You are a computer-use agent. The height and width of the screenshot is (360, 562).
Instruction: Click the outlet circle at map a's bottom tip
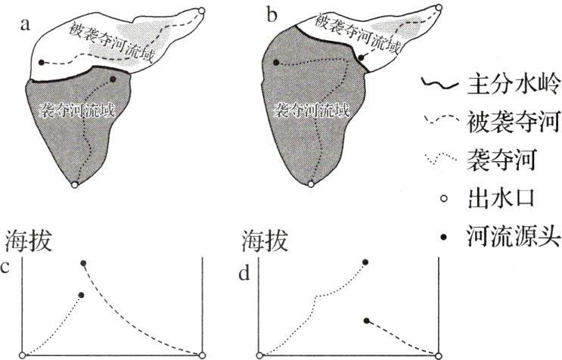pyautogui.click(x=74, y=184)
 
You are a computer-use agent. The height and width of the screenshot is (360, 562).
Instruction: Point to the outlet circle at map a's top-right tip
pyautogui.click(x=202, y=11)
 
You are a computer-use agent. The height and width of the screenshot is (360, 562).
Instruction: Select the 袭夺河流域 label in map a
pyautogui.click(x=76, y=110)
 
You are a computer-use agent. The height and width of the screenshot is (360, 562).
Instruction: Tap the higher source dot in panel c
pyautogui.click(x=83, y=262)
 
